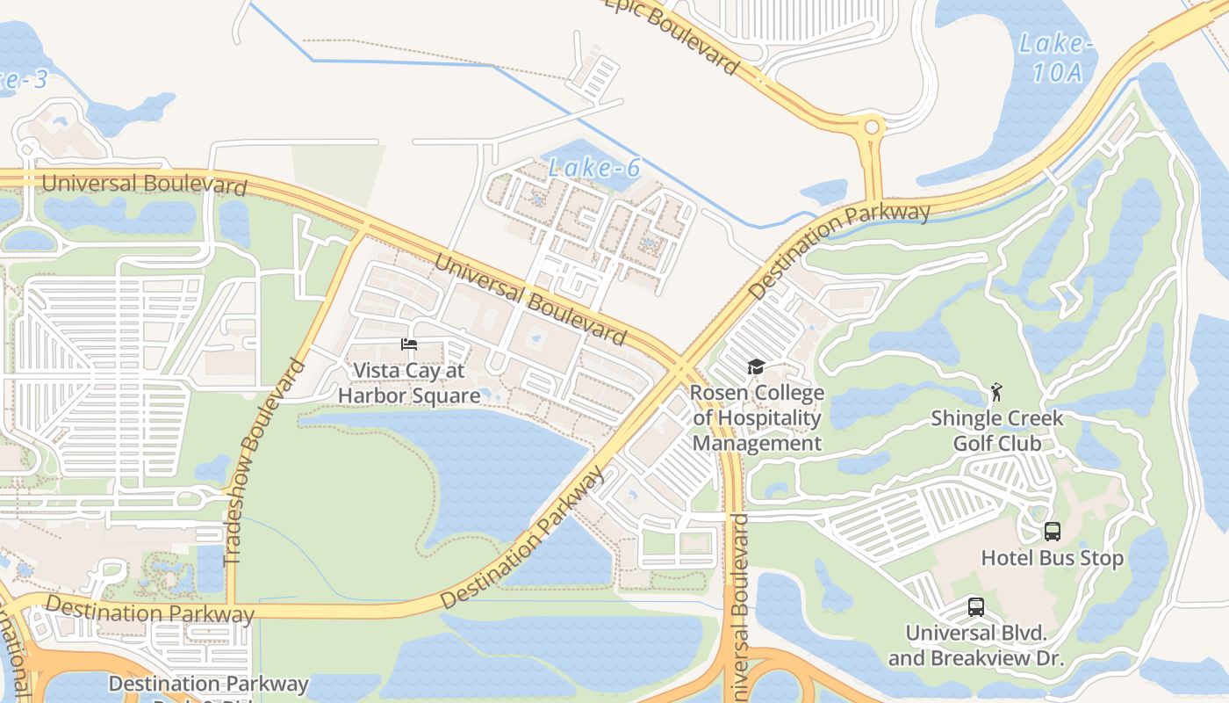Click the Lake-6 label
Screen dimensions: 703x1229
(595, 167)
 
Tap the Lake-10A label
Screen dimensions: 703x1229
(1056, 58)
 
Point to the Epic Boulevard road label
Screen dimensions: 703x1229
(672, 35)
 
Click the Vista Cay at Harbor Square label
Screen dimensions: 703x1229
(409, 383)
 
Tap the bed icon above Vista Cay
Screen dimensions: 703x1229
(409, 344)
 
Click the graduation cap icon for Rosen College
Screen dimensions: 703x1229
(756, 366)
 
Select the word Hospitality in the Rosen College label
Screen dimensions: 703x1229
(757, 418)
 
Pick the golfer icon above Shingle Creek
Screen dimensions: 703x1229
(995, 390)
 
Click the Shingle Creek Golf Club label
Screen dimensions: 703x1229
(997, 431)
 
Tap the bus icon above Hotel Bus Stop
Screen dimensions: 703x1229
(1052, 531)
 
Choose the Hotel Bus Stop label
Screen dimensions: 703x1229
(1052, 558)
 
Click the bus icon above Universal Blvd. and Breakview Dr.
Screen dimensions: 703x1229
(975, 606)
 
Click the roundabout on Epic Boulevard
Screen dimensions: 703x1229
(871, 127)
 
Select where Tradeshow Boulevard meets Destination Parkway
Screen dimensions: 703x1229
(232, 607)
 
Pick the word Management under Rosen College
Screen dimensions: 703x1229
(757, 443)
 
